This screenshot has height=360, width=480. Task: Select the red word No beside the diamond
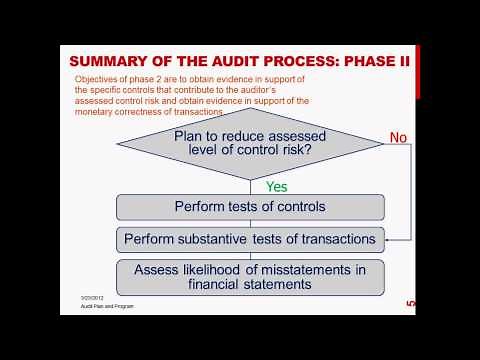coord(398,137)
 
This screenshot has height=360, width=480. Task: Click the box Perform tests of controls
coord(249,208)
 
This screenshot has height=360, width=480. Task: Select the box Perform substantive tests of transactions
coord(249,240)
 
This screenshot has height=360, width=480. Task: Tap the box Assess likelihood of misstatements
coord(249,275)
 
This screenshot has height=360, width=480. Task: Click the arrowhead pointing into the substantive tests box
coord(386,240)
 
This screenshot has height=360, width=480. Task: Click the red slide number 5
coord(409,303)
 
